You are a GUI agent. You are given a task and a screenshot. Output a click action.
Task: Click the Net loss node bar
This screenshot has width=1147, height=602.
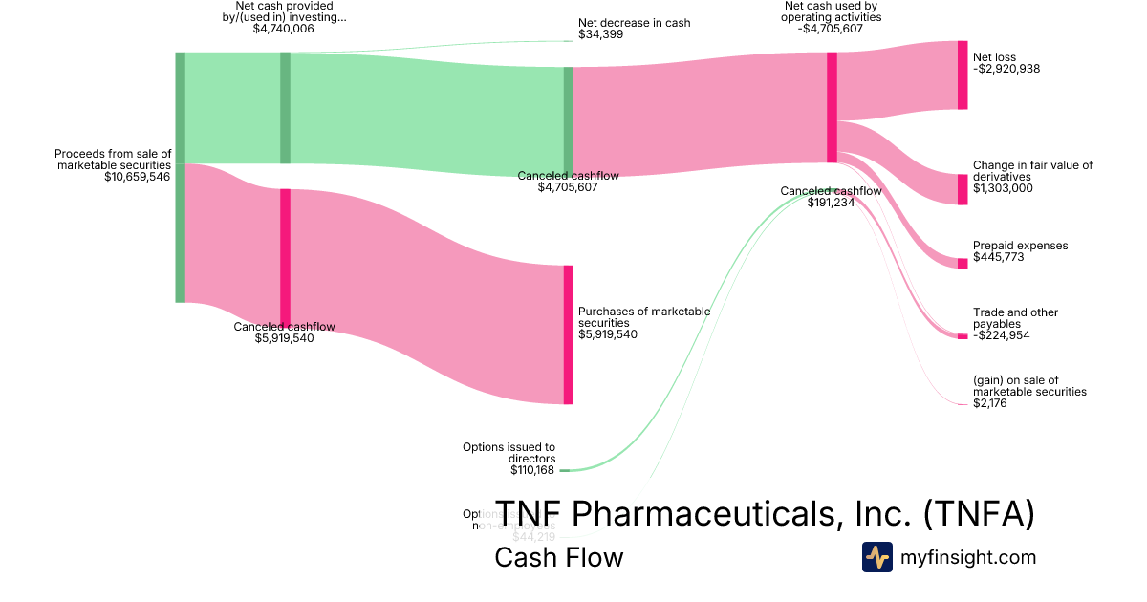tap(963, 75)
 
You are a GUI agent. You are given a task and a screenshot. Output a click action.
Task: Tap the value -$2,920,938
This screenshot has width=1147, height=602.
tap(1006, 70)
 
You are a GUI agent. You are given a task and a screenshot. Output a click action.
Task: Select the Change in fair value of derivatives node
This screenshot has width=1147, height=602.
tap(963, 189)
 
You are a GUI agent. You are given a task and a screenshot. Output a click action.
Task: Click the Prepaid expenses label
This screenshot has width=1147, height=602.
tap(1020, 246)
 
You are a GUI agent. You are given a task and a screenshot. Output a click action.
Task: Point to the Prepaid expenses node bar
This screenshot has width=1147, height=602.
tap(963, 264)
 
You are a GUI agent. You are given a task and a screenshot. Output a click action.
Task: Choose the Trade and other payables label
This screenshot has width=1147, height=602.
tap(1015, 318)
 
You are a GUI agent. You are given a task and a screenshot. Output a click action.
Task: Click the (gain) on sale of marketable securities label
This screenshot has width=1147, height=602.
tap(1029, 386)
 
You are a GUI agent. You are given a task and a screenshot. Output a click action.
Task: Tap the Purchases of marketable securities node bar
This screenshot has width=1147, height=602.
tap(569, 334)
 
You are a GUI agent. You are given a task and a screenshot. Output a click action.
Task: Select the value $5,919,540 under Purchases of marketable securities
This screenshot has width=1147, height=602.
tap(608, 334)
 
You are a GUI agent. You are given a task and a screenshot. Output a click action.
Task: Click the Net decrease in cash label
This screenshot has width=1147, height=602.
tap(634, 23)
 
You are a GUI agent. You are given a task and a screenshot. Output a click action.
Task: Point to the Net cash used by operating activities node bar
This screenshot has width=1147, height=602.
tap(832, 107)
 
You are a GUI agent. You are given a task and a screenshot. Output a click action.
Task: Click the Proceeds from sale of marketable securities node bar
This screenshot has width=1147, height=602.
tap(180, 177)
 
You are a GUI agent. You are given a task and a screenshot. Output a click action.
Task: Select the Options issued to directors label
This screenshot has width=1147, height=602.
tap(509, 452)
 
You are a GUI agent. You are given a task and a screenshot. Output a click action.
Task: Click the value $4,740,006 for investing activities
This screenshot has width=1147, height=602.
tap(283, 29)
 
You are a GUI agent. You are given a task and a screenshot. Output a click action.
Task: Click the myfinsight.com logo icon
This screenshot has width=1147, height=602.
tap(876, 557)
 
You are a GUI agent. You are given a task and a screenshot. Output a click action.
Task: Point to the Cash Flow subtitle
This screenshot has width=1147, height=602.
tap(558, 557)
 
